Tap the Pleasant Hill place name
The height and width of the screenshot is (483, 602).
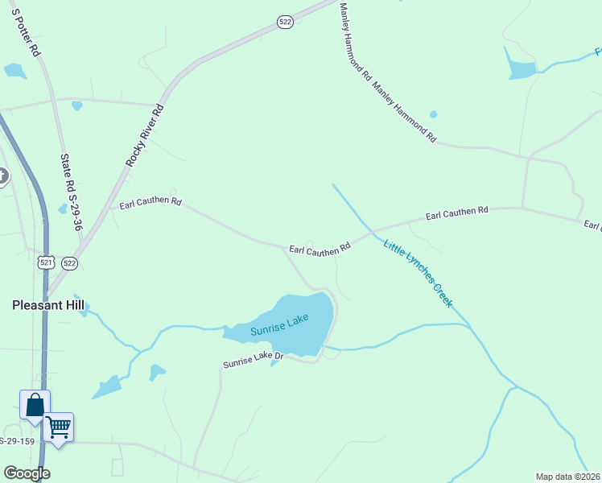(x=48, y=305)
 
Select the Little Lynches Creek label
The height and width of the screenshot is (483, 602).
(x=418, y=275)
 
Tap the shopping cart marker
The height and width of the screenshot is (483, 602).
(x=58, y=427)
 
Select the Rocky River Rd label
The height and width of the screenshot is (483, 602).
(x=144, y=135)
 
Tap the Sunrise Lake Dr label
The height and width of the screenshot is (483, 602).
(x=254, y=361)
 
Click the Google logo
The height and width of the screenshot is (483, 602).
(x=27, y=473)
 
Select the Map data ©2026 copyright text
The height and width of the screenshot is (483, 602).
(x=567, y=476)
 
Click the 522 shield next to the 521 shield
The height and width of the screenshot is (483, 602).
(x=69, y=263)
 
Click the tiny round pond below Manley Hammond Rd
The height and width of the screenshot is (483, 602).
(x=434, y=114)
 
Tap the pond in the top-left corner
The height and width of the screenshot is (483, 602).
(x=14, y=71)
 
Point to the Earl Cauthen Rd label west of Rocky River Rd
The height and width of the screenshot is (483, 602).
(x=150, y=201)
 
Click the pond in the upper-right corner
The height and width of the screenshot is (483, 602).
(x=521, y=69)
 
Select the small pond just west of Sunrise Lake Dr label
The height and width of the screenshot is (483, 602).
(x=157, y=372)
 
